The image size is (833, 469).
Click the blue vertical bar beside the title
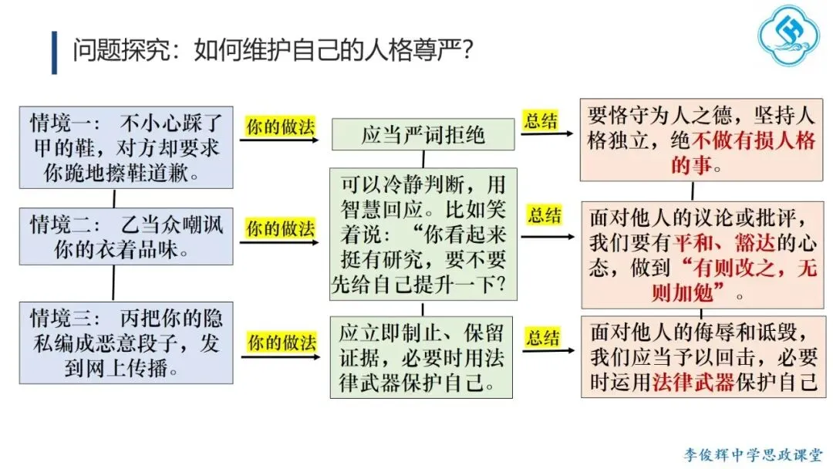pyautogui.click(x=54, y=52)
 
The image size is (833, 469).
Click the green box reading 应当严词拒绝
pyautogui.click(x=423, y=135)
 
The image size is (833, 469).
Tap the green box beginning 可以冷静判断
pyautogui.click(x=423, y=234)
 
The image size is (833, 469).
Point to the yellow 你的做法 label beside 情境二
pyautogui.click(x=281, y=228)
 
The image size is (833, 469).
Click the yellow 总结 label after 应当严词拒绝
pyautogui.click(x=542, y=120)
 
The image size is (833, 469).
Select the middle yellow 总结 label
pyautogui.click(x=544, y=214)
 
